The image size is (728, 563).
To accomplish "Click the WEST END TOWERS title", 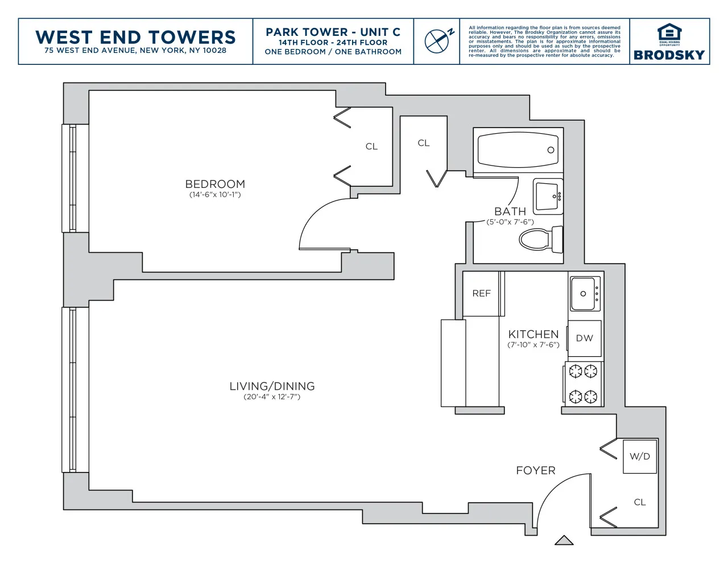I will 135,37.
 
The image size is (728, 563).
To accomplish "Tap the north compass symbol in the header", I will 438,40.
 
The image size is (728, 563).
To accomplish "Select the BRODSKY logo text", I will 669,55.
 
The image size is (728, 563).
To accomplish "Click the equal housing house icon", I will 669,32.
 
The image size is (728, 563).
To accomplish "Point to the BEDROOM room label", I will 215,184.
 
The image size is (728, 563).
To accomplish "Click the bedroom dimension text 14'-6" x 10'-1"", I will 215,195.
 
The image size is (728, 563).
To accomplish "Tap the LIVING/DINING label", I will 272,386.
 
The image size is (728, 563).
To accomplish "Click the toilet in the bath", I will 540,239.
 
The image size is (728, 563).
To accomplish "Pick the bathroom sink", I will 548,196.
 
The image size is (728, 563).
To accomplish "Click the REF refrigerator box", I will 481,293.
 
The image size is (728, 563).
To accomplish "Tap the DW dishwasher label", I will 584,338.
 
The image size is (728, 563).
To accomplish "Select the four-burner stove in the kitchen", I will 584,384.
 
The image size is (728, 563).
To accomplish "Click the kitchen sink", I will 585,294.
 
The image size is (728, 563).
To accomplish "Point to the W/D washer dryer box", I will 640,456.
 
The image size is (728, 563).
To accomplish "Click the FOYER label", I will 535,470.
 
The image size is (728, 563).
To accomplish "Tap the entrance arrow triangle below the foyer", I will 564,540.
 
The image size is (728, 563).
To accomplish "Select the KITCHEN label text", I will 533,334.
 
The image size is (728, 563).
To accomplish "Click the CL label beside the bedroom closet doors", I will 371,146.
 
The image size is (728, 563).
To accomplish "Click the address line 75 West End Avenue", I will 135,51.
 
